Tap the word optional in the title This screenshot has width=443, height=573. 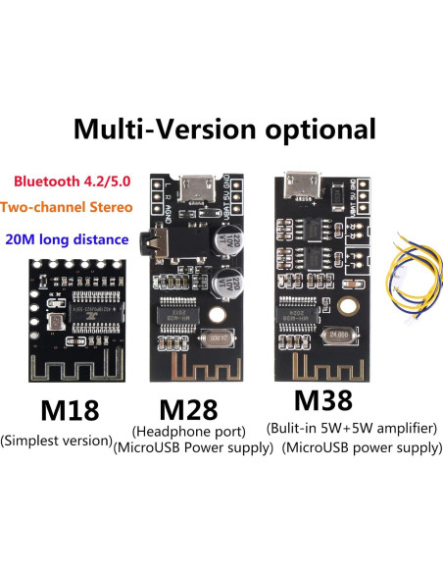tap(320, 129)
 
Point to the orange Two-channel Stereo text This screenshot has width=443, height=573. tap(66, 209)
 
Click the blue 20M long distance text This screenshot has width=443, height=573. tap(65, 238)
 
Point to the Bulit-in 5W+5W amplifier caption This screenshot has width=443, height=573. tap(350, 429)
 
